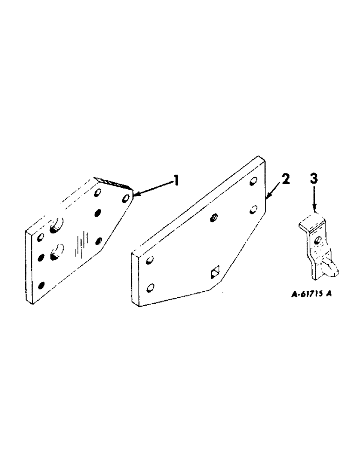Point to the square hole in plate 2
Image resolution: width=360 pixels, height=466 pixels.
[x=214, y=272]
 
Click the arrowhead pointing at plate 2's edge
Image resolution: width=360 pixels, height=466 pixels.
[x=267, y=198]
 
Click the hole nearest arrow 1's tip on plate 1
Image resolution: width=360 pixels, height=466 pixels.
[x=125, y=199]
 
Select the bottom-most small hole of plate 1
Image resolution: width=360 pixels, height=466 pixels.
[x=42, y=285]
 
